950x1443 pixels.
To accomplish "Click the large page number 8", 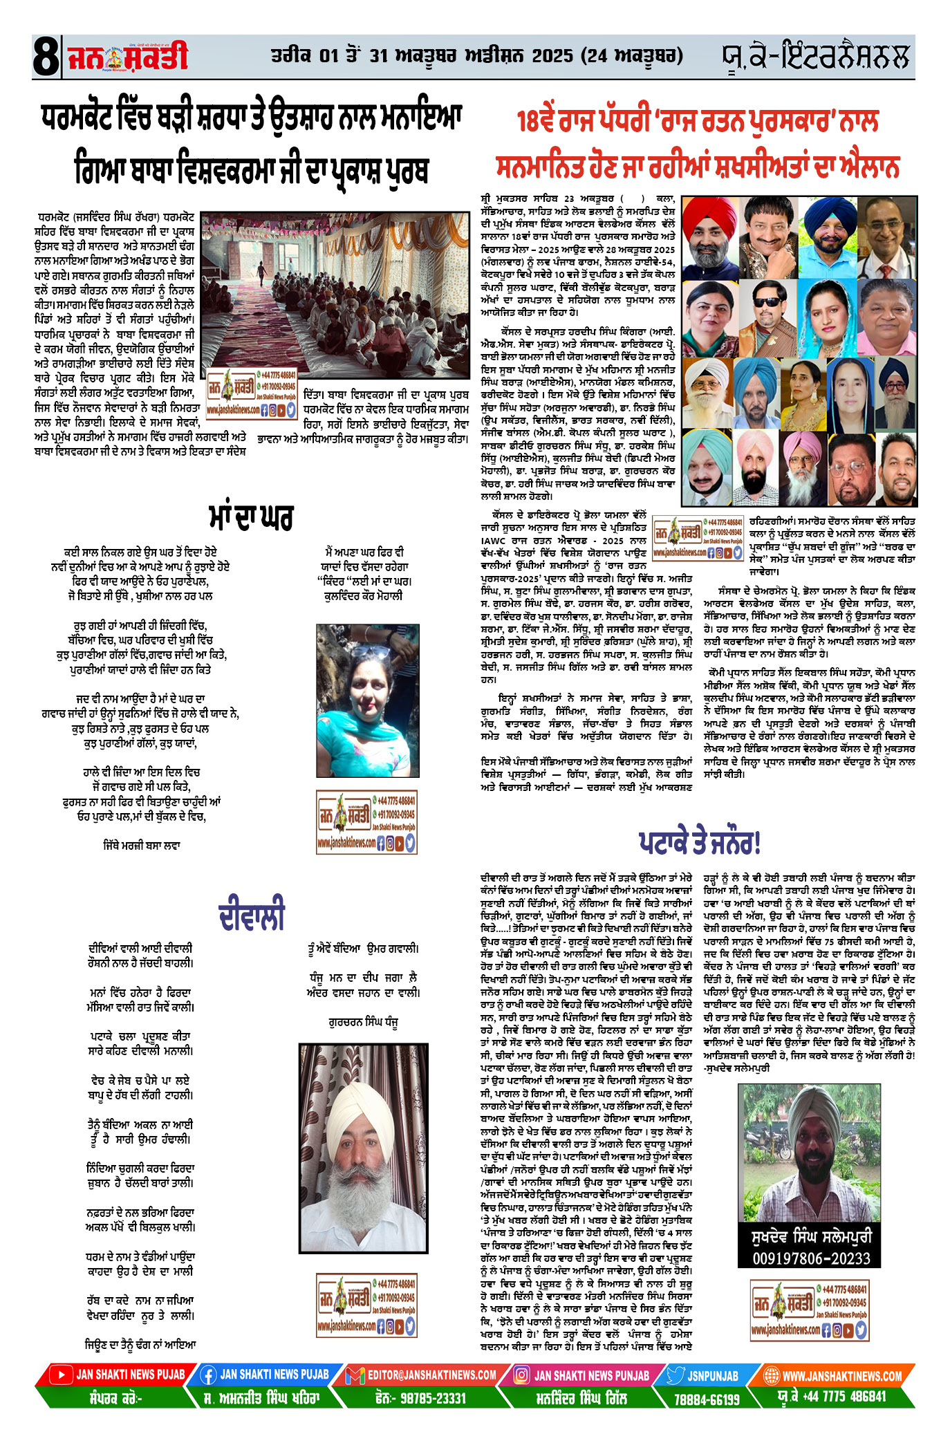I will click(x=45, y=57).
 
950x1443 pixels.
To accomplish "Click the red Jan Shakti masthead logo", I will click(x=127, y=57).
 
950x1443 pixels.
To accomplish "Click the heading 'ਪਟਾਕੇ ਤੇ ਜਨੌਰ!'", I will click(x=699, y=842).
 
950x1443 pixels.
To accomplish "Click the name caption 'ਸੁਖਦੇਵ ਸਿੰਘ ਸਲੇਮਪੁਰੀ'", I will click(x=811, y=1236).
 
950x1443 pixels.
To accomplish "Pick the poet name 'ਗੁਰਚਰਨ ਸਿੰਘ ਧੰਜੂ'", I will click(x=363, y=1022).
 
